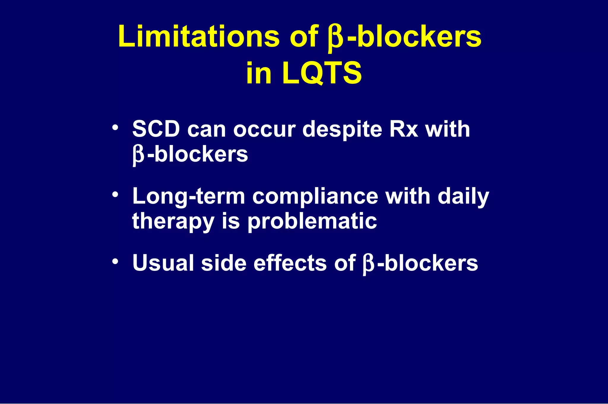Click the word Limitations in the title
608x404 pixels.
(x=199, y=37)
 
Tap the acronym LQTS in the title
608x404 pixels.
(x=322, y=73)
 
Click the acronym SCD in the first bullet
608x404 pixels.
(x=156, y=129)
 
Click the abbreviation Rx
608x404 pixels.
(x=403, y=129)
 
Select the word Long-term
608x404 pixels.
(x=189, y=197)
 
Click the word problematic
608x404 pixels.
(x=312, y=222)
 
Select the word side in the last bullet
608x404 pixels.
(x=224, y=263)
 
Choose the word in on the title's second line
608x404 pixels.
(x=259, y=73)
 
